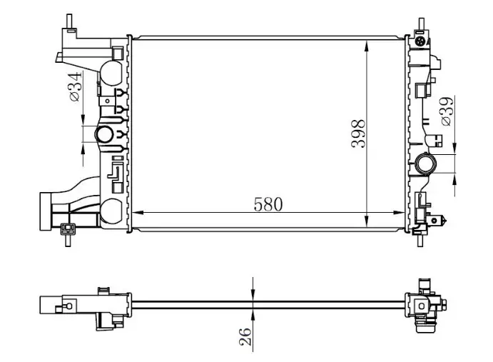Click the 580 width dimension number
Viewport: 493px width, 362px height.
coord(268,204)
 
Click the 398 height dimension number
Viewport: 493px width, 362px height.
coord(359,133)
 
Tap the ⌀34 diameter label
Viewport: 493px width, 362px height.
coord(76,86)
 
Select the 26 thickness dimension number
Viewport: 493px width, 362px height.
coord(245,337)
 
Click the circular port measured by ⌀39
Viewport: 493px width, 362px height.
coord(425,164)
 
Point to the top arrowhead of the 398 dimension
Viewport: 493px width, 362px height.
coord(367,46)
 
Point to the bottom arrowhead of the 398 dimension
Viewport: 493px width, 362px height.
coord(367,221)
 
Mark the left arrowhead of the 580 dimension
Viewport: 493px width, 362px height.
coord(138,213)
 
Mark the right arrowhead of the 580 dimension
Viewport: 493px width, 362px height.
coord(399,213)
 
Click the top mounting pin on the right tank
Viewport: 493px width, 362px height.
coord(421,24)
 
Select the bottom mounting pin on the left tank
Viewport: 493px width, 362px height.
coord(68,240)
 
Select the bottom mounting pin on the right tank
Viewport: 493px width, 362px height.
coord(420,240)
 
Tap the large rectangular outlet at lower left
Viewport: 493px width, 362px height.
coord(45,211)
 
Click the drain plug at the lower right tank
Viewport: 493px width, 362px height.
coord(438,220)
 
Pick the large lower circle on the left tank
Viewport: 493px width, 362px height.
coord(111,211)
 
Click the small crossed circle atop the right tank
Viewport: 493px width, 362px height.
coord(420,41)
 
